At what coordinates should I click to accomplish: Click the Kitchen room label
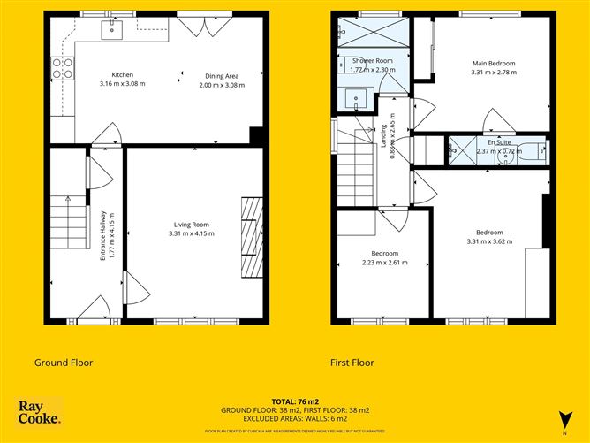click(x=121, y=75)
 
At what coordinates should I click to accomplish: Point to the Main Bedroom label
click(x=493, y=64)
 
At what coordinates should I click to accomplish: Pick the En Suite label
click(x=498, y=141)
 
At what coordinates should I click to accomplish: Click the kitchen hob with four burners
click(x=62, y=68)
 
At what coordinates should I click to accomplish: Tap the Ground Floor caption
click(x=64, y=363)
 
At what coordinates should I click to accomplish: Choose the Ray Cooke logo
click(x=40, y=412)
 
